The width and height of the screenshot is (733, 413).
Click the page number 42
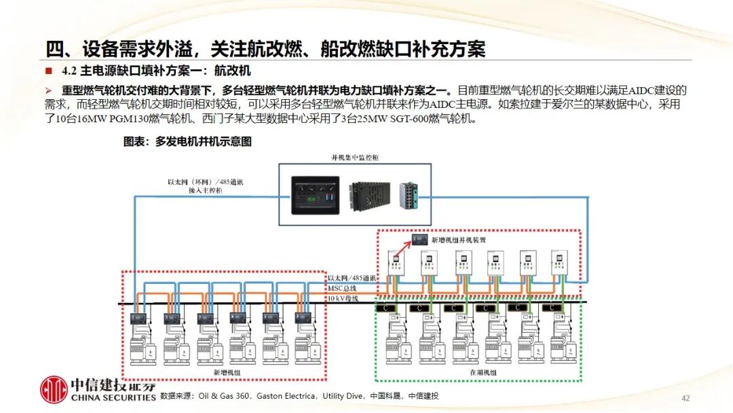coord(685,398)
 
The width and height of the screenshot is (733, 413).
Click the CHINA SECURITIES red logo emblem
coord(54,389)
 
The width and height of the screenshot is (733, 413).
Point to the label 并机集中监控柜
coord(354,157)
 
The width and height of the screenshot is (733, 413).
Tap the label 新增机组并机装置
coord(458,240)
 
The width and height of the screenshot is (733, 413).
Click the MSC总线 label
coord(341,289)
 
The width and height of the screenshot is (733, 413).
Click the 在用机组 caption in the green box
coord(483,373)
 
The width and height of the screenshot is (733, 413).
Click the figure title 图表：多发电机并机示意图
coord(187,142)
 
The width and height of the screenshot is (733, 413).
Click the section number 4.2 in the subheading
coord(69,70)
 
